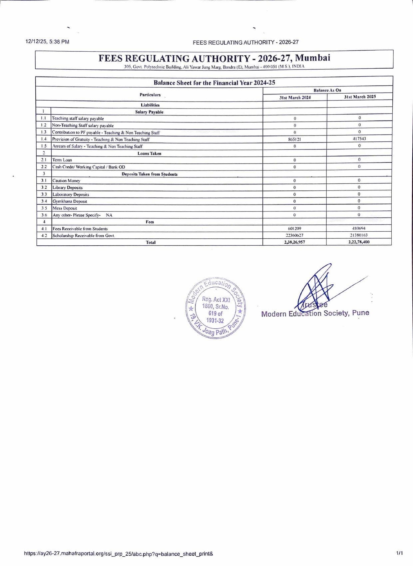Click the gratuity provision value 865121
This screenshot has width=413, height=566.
pyautogui.click(x=294, y=140)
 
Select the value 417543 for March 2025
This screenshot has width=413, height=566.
pyautogui.click(x=359, y=139)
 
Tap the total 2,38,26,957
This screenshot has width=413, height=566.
pyautogui.click(x=294, y=242)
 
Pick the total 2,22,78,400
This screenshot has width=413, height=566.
pyautogui.click(x=359, y=242)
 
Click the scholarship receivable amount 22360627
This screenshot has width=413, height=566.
pyautogui.click(x=294, y=235)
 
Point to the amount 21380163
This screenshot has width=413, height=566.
pyautogui.click(x=359, y=235)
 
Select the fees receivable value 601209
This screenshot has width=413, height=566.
pyautogui.click(x=294, y=229)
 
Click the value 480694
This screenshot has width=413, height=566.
pyautogui.click(x=359, y=228)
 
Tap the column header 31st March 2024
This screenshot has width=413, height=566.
pyautogui.click(x=295, y=98)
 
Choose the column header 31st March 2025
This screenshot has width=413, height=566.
pyautogui.click(x=360, y=97)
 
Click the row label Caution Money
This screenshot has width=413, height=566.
pyautogui.click(x=67, y=181)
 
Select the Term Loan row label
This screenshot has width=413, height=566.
pyautogui.click(x=62, y=160)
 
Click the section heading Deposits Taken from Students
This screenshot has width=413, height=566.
pyautogui.click(x=150, y=174)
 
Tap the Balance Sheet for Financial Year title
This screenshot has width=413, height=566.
pyautogui.click(x=214, y=83)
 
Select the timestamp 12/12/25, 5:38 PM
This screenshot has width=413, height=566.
pyautogui.click(x=47, y=42)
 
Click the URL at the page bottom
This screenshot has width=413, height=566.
pyautogui.click(x=119, y=554)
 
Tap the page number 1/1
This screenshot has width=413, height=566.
pyautogui.click(x=399, y=553)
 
